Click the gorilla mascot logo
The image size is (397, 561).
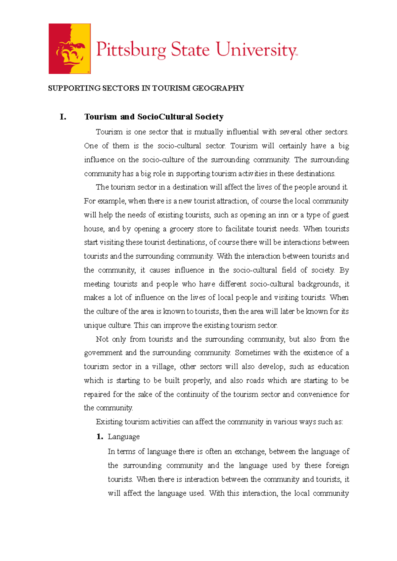[69, 49]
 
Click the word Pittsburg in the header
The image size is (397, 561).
[131, 50]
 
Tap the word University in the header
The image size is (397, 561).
[256, 50]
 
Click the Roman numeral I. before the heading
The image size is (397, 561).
[63, 117]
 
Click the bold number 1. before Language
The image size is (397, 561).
[100, 437]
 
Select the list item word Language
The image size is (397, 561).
[124, 437]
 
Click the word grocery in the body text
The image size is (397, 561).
[181, 229]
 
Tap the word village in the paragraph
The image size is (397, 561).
[163, 367]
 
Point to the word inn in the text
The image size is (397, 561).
[283, 215]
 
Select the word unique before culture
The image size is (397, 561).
[95, 325]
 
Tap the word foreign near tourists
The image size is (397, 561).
[337, 466]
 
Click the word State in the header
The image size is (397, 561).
[190, 50]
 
